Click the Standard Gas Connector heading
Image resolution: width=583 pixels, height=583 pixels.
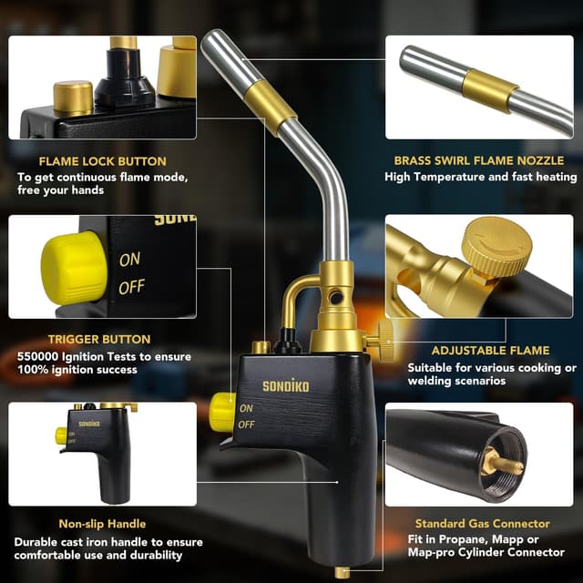click(x=483, y=524)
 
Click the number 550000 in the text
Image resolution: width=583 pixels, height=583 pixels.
click(x=38, y=356)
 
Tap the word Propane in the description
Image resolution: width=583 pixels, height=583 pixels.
click(x=439, y=539)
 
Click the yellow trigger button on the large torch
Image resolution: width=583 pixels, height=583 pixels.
click(x=221, y=412)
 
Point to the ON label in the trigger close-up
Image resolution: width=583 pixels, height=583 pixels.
click(x=130, y=260)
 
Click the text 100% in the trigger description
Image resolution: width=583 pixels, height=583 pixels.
click(x=34, y=370)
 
